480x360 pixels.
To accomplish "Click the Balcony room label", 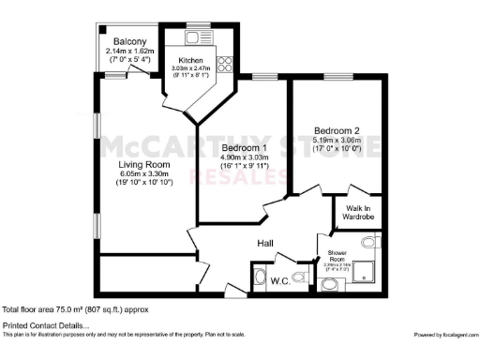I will [x=129, y=42].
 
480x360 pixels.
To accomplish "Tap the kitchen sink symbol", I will [x=198, y=37].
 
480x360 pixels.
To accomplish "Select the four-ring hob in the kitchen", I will [x=224, y=64].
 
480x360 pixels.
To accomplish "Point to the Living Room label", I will [x=142, y=165].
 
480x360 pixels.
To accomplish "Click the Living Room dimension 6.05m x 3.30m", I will [x=142, y=173].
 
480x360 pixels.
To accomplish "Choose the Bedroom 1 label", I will [x=245, y=148].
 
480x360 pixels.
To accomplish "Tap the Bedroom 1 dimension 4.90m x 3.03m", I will [x=245, y=157].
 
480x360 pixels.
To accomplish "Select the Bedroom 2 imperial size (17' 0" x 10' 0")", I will [x=335, y=149].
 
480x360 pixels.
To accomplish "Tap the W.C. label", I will [x=278, y=280].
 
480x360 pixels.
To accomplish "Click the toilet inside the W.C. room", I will [x=300, y=277].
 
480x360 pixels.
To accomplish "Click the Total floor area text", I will [x=62, y=308].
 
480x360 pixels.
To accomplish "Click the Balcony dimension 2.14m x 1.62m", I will [x=129, y=52].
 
